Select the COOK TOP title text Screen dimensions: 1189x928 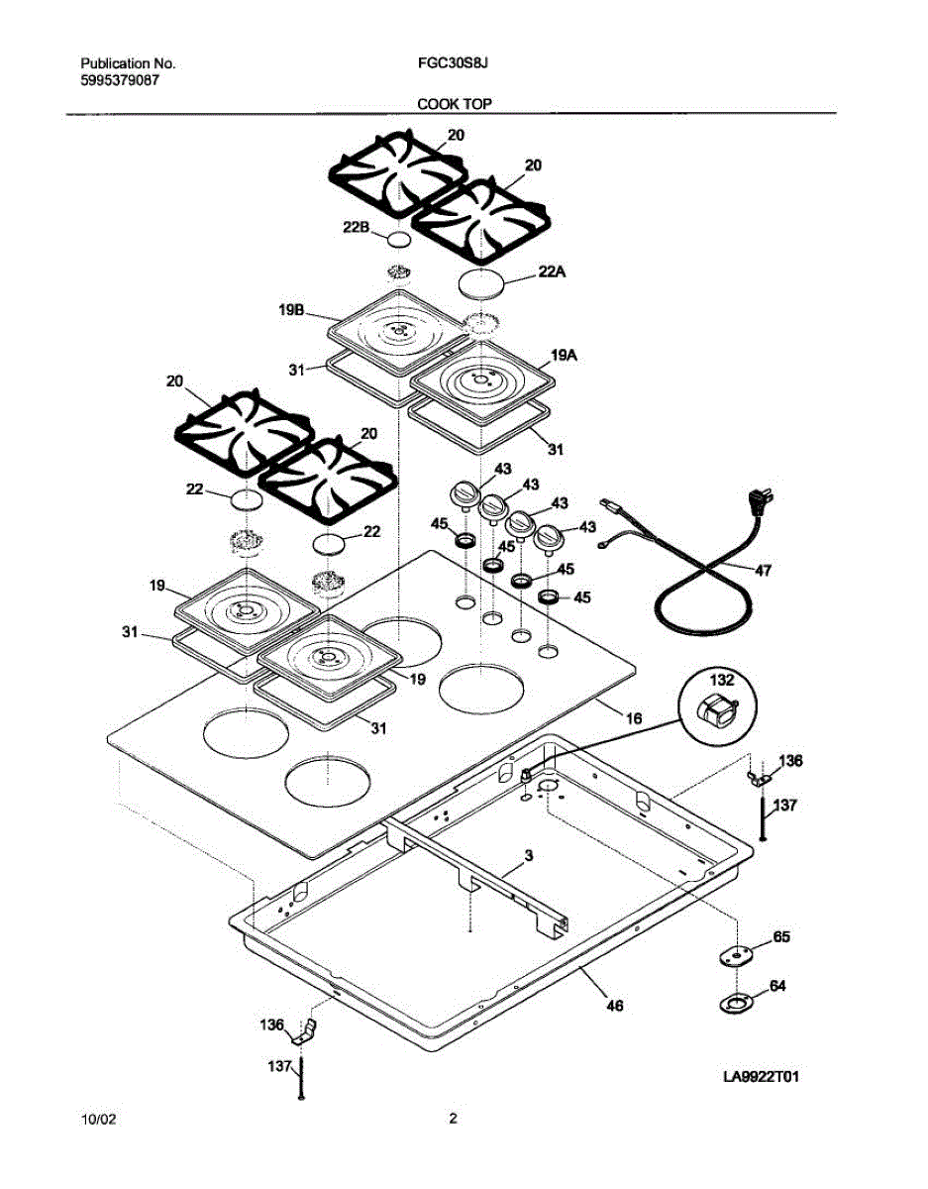455,103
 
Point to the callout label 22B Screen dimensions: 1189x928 357,227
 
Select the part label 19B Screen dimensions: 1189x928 290,310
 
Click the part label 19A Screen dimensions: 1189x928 565,351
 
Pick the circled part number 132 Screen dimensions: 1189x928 722,679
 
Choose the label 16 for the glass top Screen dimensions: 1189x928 634,715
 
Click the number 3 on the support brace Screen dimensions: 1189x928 528,854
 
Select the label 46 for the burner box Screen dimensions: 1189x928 614,1006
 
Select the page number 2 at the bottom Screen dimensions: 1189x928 453,1120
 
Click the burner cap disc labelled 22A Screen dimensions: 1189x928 482,282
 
